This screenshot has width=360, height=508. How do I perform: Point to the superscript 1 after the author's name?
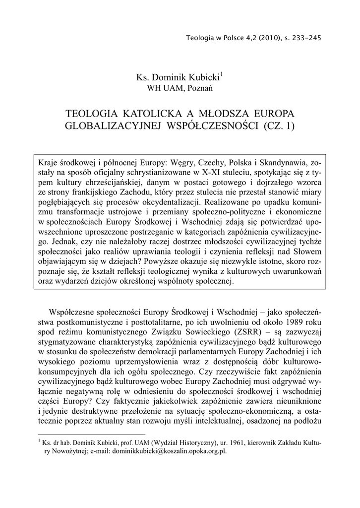[x=222, y=75]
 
